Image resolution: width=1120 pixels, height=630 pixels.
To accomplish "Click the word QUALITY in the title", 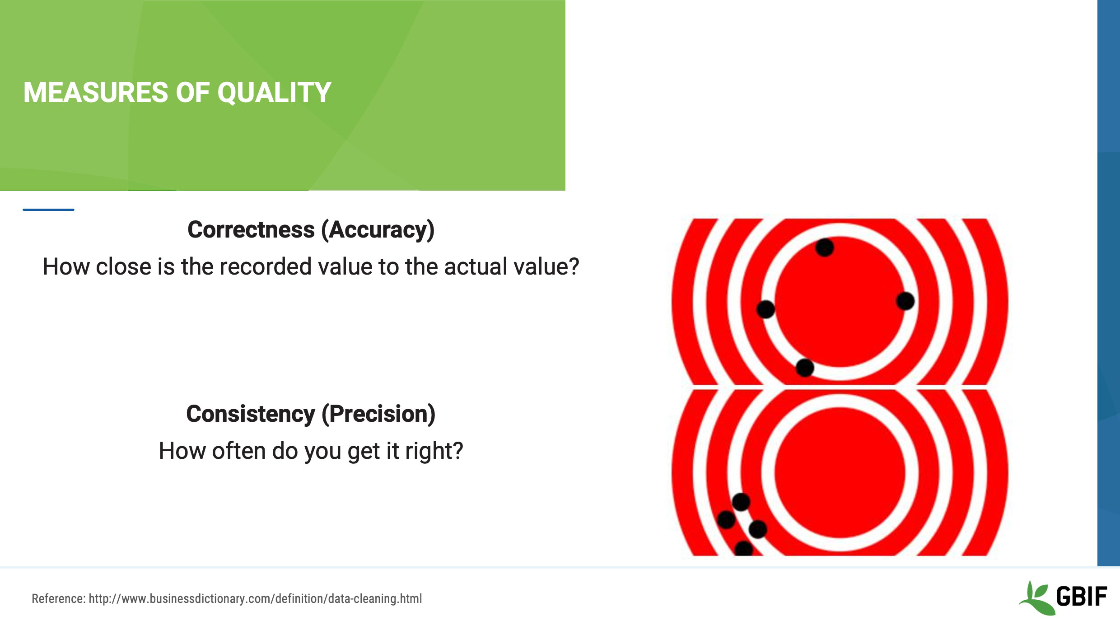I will pos(274,93).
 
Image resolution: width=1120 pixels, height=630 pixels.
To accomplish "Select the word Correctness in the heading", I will pos(251,230).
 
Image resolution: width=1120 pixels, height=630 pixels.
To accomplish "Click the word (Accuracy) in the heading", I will pos(378,230).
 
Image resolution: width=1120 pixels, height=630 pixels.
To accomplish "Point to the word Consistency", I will pos(250,414).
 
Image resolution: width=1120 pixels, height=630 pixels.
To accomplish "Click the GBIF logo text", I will pos(1081,597).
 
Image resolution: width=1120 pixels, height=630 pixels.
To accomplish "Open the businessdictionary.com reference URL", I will pos(255,599).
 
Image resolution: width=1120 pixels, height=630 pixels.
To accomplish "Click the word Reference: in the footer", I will pos(58,599).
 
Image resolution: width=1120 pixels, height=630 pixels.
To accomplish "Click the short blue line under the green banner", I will pos(48,210).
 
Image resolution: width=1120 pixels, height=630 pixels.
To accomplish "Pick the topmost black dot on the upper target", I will pos(824,247).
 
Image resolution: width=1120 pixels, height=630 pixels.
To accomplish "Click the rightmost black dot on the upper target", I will pos(905,301).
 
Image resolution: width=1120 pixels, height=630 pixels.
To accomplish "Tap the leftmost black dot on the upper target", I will pos(765,309).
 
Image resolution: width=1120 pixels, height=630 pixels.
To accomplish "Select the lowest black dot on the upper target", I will pos(805,368).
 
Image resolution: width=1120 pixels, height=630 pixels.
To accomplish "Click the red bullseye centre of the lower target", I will pos(840,472).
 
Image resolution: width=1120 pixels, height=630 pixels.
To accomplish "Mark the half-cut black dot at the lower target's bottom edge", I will pos(743,550).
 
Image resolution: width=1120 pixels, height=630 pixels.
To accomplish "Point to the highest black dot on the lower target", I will pos(741,502).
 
